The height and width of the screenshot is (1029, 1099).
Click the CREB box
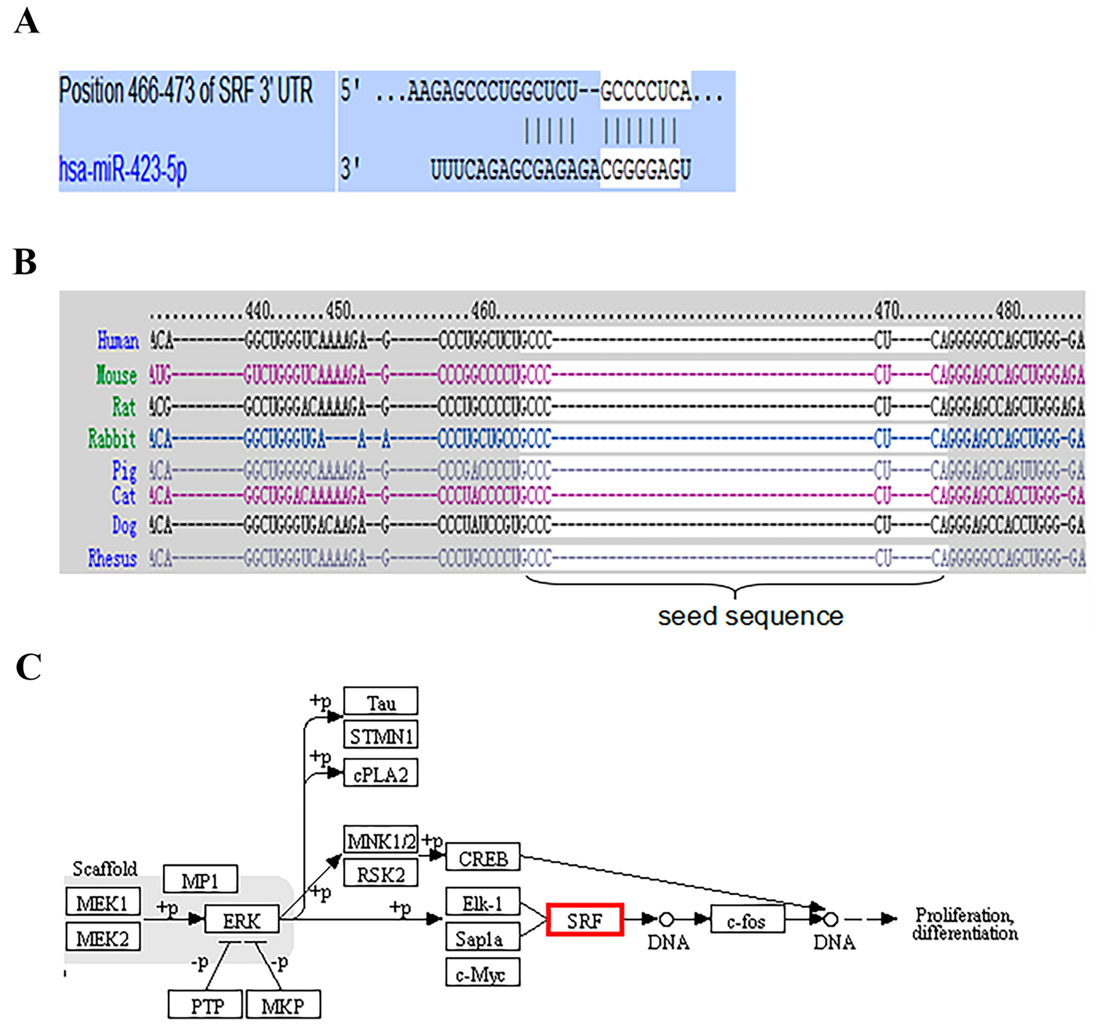482,858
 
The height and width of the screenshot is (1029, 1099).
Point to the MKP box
282,1006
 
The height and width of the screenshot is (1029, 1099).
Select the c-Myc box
482,974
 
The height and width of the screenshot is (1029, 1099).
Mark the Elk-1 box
482,903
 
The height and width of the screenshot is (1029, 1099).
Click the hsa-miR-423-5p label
123,168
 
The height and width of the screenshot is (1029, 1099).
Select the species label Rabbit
112,439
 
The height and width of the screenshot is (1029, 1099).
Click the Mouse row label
116,375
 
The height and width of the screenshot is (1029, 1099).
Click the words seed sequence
750,616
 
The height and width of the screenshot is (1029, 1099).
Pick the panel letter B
25,262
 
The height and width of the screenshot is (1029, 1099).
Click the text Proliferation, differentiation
964,924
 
